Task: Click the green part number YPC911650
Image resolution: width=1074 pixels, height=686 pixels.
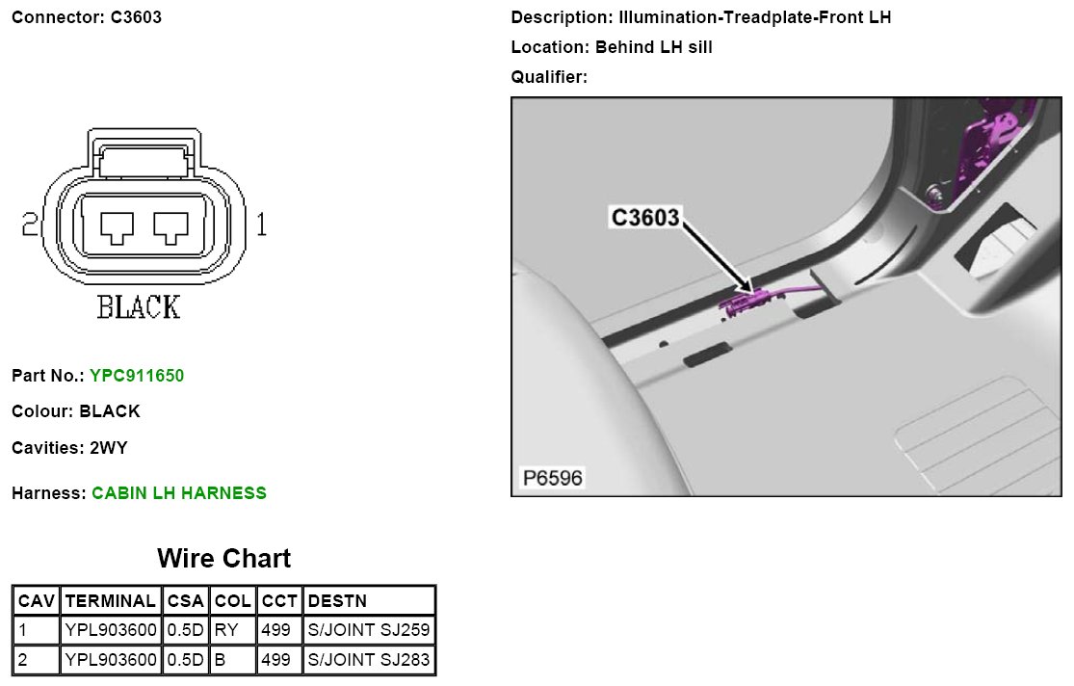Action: tap(137, 376)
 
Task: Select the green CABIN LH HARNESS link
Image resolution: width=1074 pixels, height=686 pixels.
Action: tap(179, 492)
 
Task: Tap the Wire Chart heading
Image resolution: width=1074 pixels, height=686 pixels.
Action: tap(224, 559)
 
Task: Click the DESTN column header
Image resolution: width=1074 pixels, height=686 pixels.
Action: tap(337, 601)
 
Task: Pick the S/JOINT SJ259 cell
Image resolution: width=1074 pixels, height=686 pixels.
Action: tap(369, 630)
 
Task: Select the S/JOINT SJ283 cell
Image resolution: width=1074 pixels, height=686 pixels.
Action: tap(369, 659)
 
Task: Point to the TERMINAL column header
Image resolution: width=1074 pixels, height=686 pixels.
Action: tap(110, 601)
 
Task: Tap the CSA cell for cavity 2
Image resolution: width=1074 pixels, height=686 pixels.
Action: tap(185, 659)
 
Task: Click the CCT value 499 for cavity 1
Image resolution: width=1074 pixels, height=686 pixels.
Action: tap(275, 630)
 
